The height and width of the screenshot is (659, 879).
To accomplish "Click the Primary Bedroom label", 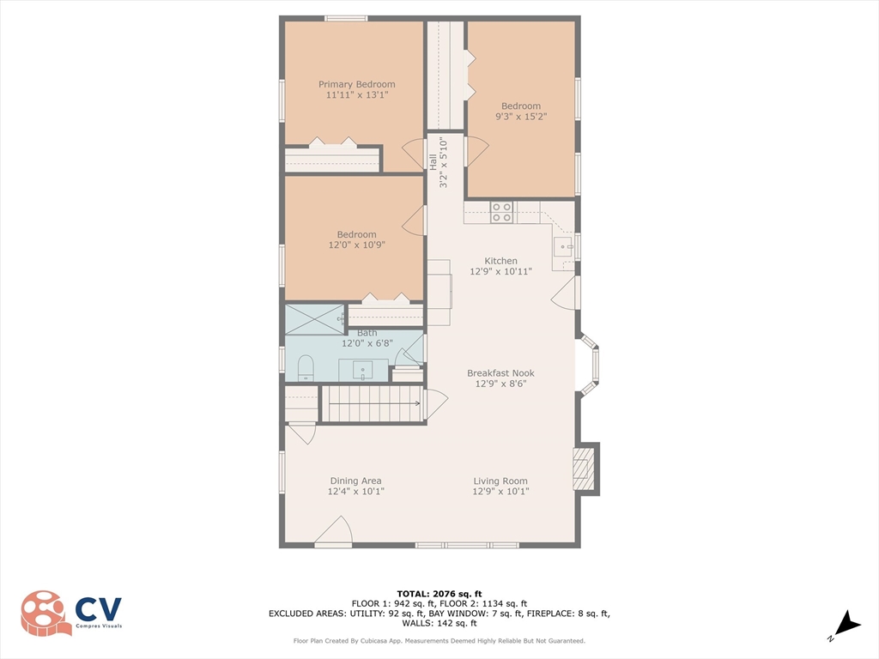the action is coord(356,84).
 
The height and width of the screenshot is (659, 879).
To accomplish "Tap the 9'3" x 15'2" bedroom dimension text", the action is coord(521,117).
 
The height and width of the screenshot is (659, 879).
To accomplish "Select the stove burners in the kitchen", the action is coord(501,213).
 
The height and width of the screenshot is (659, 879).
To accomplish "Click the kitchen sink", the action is coord(563,246).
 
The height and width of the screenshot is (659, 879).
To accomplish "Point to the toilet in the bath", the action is coord(306,368).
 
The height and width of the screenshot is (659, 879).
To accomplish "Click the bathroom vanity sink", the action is coord(363,371).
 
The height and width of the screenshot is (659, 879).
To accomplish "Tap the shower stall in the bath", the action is coord(314,319).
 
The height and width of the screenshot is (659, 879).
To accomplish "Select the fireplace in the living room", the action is coord(586,469).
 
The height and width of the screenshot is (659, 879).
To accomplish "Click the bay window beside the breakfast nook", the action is coord(589,364).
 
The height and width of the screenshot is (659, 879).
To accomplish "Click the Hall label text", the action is coord(433,162).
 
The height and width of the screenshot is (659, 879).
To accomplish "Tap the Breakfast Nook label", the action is coord(500,373).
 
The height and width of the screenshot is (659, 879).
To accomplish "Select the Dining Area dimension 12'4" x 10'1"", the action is coord(356,492).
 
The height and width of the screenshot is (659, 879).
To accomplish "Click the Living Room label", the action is coord(500,481).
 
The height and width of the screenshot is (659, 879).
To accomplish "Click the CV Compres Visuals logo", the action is coord(71,613).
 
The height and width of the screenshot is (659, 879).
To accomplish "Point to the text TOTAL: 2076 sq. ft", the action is coord(439,594).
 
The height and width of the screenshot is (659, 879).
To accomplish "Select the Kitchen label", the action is coord(500,261).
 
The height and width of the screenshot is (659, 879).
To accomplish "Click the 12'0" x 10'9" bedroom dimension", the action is coord(356,245).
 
